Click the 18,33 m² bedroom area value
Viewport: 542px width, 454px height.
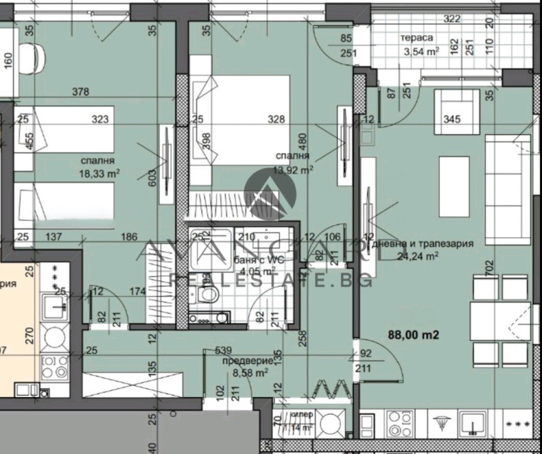coord(99,173)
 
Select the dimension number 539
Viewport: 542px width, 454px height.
coord(224,351)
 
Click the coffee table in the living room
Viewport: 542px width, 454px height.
coord(454,178)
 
